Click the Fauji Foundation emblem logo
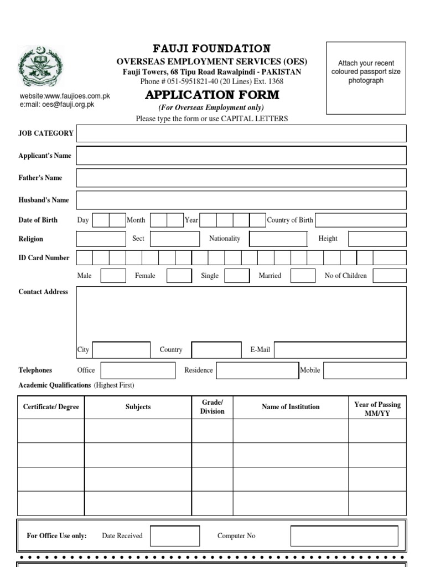[42, 68]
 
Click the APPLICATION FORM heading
[211, 95]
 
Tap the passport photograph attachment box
[366, 77]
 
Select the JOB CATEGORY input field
[241, 133]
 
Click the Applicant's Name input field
[241, 156]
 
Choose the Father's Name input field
[241, 178]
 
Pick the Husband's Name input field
[241, 200]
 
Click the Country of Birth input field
[360, 220]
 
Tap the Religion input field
[101, 239]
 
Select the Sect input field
[175, 239]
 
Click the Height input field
[377, 239]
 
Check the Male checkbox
[113, 276]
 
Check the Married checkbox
[303, 276]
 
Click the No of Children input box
[389, 276]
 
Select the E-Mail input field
[340, 350]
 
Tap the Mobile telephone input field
[365, 370]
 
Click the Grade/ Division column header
[212, 407]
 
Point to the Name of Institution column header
[291, 407]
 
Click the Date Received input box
[175, 536]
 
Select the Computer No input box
[344, 536]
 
